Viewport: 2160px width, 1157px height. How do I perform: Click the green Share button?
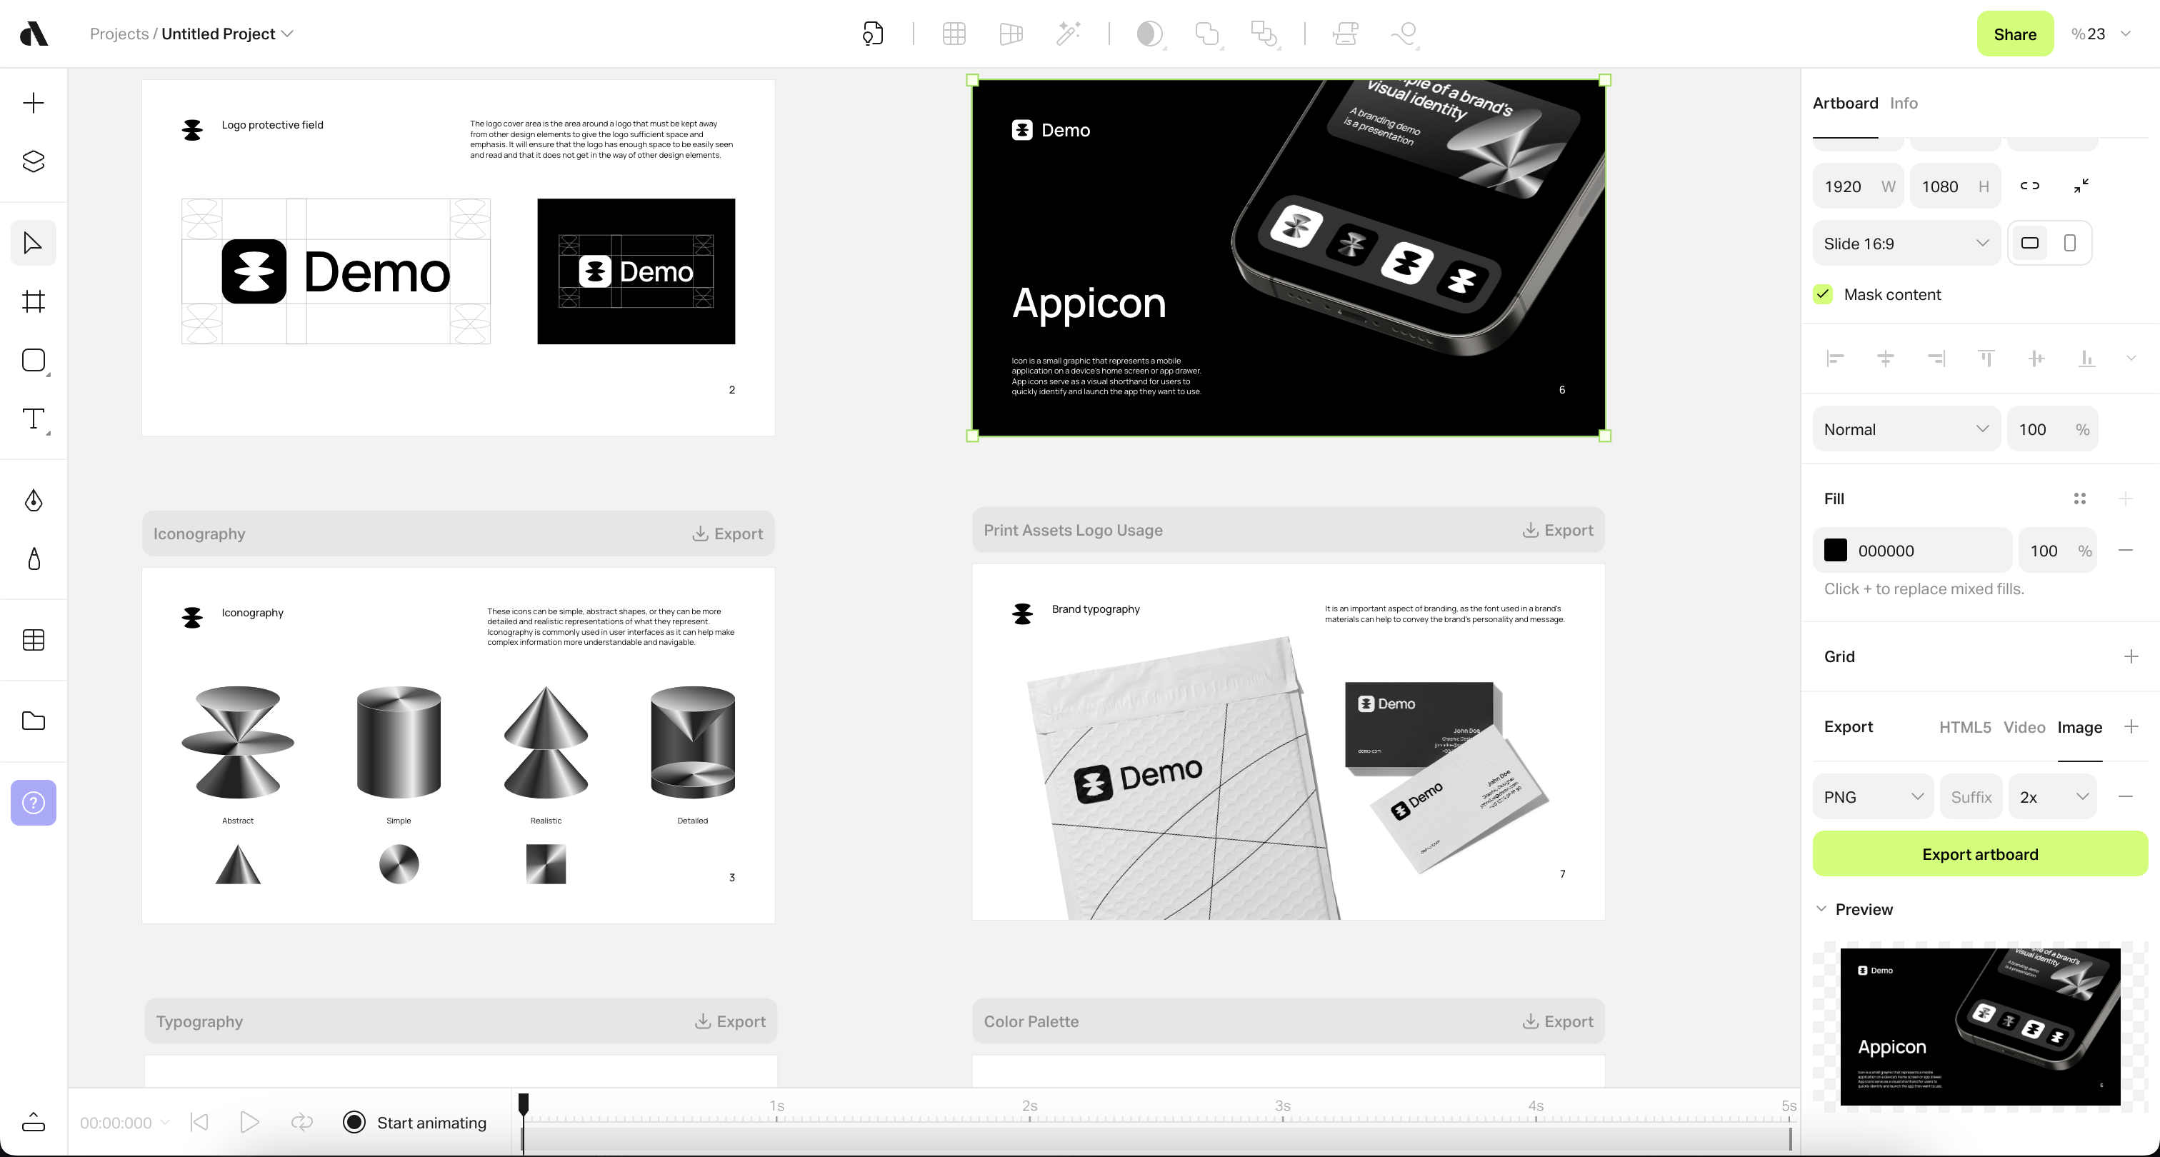click(2014, 34)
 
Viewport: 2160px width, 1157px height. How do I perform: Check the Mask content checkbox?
click(1823, 294)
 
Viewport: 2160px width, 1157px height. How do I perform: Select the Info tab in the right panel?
click(1904, 103)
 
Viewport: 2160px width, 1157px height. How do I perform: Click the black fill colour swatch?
click(1836, 551)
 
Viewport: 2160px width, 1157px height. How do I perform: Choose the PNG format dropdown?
click(1872, 797)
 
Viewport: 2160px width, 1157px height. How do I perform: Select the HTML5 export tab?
click(1964, 727)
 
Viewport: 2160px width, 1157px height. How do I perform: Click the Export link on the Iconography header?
click(727, 534)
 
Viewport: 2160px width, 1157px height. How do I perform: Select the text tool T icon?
click(34, 419)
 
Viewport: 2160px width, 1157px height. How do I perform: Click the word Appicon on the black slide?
click(1089, 303)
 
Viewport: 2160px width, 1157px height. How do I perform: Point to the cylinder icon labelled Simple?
click(399, 741)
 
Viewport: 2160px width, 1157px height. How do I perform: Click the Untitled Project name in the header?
click(218, 34)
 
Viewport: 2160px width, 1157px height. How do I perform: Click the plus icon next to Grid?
click(2131, 656)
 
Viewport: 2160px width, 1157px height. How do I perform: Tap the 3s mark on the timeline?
click(1282, 1107)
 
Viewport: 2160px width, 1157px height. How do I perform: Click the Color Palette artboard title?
click(1031, 1021)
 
